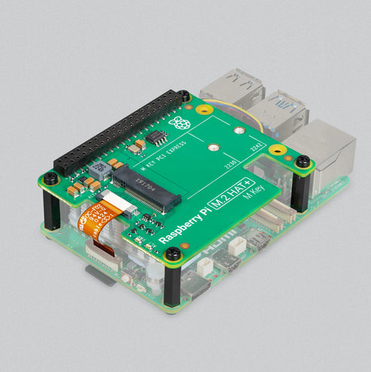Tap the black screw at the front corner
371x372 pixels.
pyautogui.click(x=173, y=254)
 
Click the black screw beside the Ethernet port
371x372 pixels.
pyautogui.click(x=303, y=161)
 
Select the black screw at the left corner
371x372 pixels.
pyautogui.click(x=50, y=178)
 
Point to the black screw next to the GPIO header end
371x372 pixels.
pyautogui.click(x=184, y=96)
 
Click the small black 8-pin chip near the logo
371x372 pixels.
pyautogui.click(x=157, y=137)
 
